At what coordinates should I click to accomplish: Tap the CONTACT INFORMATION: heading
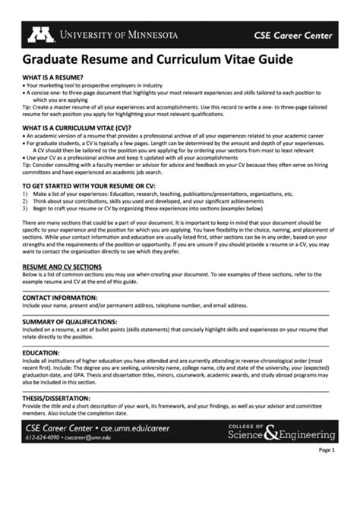(x=64, y=298)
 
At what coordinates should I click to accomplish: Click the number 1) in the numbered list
(x=26, y=194)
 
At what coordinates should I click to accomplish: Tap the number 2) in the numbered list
(x=26, y=200)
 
